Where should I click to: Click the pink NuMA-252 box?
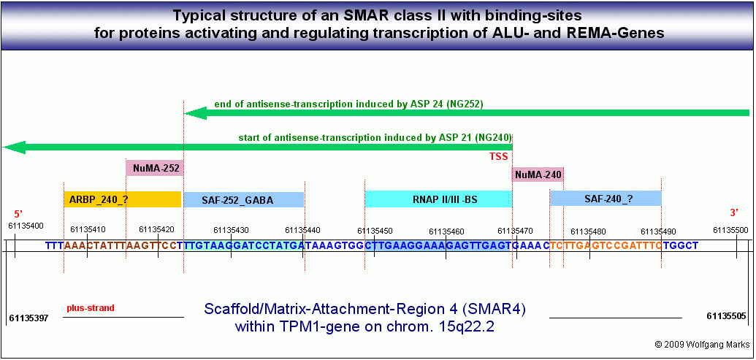tap(155, 168)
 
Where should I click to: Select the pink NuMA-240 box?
tap(538, 175)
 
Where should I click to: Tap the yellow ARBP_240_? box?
tap(123, 199)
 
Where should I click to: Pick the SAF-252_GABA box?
tap(244, 199)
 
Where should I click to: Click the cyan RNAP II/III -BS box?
tap(438, 199)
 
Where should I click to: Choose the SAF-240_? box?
tap(606, 198)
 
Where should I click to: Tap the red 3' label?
tap(735, 214)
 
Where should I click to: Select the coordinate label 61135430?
tap(231, 230)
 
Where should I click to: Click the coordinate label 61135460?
tap(446, 232)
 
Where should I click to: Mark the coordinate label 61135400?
tap(26, 226)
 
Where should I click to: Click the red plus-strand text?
tap(91, 307)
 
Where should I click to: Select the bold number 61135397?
tap(29, 318)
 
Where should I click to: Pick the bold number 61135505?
tap(725, 316)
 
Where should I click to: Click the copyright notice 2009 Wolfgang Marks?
tap(698, 344)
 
